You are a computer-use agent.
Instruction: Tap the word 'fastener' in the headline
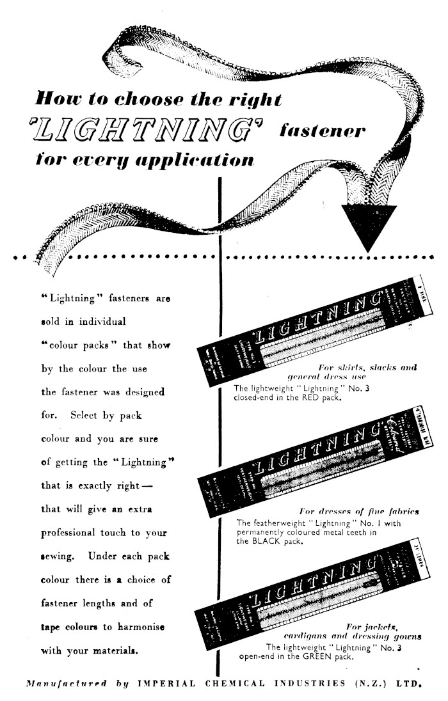(x=322, y=132)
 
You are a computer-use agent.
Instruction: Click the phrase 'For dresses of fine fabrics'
(x=359, y=512)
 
